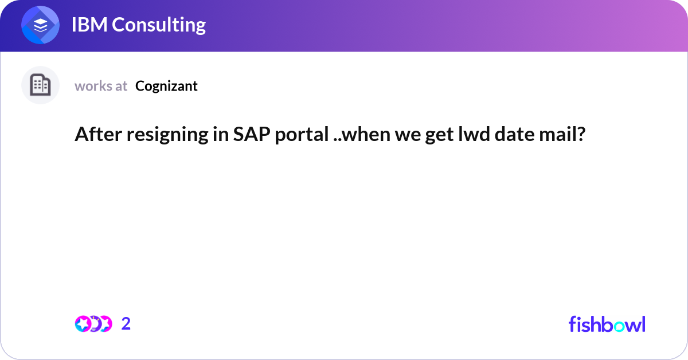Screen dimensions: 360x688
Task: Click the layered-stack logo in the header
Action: point(41,26)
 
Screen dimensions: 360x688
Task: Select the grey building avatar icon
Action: point(40,85)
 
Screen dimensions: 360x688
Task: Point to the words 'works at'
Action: point(101,86)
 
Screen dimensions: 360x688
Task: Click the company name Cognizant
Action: point(166,86)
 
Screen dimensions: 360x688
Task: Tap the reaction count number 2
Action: point(126,324)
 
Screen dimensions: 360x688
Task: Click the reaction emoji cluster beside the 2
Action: point(93,324)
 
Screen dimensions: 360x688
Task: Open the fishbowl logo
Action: point(607,324)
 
